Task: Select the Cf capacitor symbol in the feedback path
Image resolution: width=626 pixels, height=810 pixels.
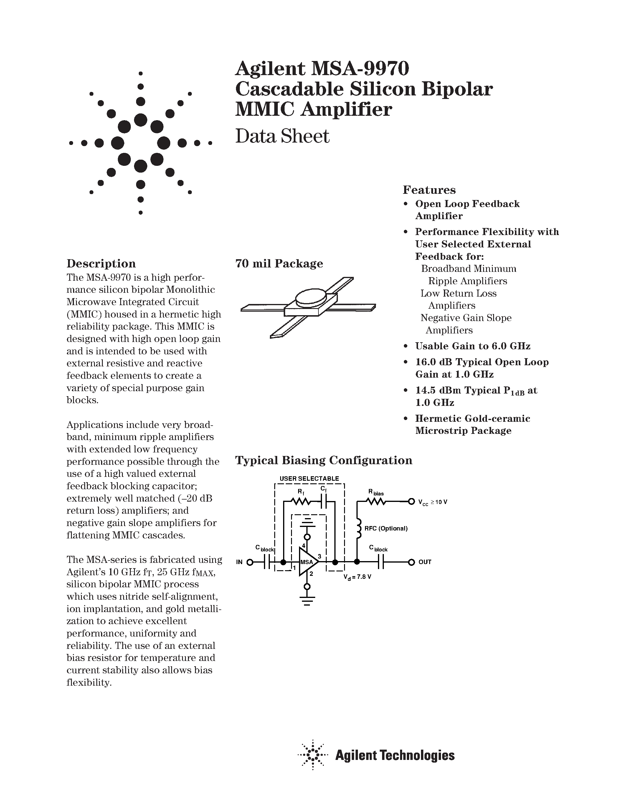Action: [324, 502]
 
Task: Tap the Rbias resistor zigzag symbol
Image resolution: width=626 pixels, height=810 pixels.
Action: [376, 502]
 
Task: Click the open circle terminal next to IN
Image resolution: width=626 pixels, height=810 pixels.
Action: [250, 562]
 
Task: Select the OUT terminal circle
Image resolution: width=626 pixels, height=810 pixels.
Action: [411, 562]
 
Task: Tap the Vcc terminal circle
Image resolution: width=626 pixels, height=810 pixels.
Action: [411, 502]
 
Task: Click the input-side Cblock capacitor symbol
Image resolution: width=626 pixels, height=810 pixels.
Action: [268, 562]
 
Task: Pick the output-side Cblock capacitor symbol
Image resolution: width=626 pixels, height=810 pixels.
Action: [381, 562]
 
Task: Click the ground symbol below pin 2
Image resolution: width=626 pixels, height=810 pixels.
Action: [307, 600]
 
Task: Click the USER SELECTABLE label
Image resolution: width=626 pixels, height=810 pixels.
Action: [309, 478]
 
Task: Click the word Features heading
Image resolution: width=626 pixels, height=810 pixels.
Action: [429, 190]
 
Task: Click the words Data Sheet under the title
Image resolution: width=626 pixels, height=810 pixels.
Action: [282, 136]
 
